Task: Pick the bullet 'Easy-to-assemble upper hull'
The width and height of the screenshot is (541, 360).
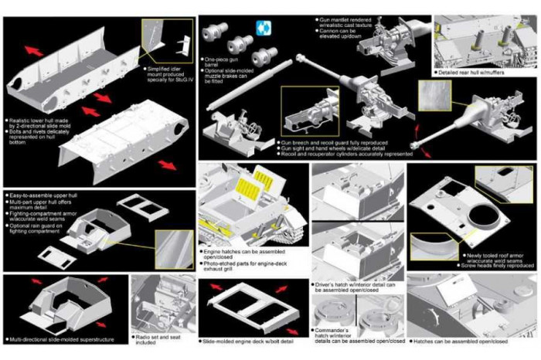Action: (43, 196)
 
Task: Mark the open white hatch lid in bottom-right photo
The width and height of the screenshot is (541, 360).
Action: (453, 293)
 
